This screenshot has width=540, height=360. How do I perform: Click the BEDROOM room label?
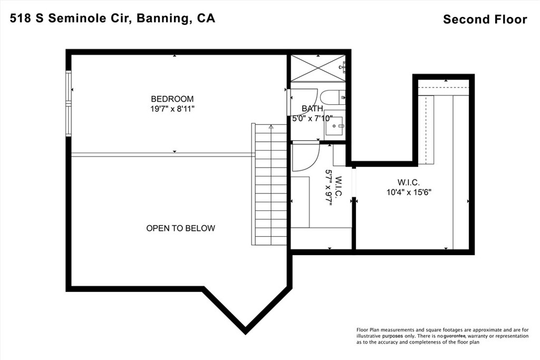pos(172,99)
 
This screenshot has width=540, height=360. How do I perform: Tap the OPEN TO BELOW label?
pos(180,228)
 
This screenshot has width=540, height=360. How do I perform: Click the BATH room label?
pos(312,109)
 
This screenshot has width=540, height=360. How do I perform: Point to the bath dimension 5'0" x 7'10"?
pos(315,119)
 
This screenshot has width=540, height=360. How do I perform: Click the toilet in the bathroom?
pos(333,98)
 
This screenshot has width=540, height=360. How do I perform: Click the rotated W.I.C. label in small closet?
pos(339,187)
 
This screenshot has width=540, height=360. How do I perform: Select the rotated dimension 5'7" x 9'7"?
pos(329,187)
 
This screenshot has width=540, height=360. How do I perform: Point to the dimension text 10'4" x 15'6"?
pos(410,193)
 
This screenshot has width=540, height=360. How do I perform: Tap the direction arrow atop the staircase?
pos(271,127)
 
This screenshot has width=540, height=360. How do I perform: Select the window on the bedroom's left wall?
pos(68,104)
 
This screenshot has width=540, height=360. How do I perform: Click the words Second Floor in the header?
pos(485,20)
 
